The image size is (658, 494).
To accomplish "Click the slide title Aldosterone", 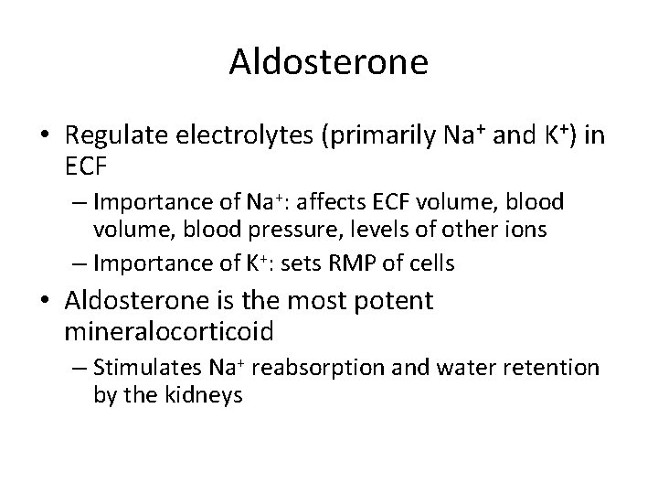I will click(329, 61).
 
